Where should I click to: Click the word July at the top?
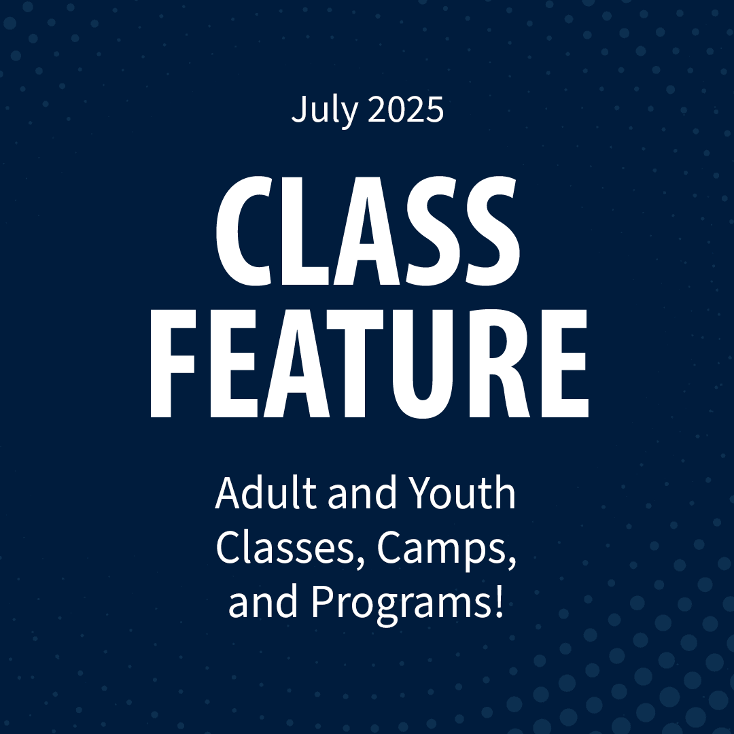pyautogui.click(x=325, y=111)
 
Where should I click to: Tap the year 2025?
pyautogui.click(x=406, y=109)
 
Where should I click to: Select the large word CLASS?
pyautogui.click(x=368, y=230)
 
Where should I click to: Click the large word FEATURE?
pyautogui.click(x=369, y=363)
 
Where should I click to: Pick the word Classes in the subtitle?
pyautogui.click(x=286, y=548)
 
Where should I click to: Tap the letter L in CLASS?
pyautogui.click(x=305, y=230)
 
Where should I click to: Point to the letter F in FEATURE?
pyautogui.click(x=172, y=363)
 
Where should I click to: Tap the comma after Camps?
pyautogui.click(x=512, y=562)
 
